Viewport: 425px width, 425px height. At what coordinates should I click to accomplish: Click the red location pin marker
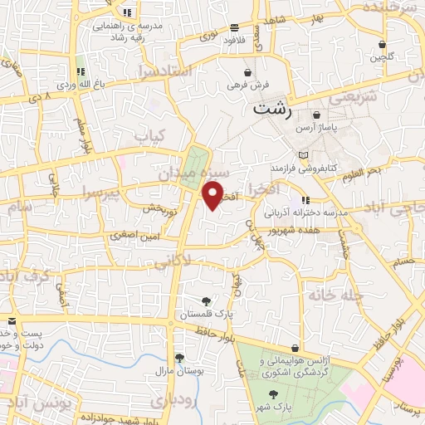[213, 195]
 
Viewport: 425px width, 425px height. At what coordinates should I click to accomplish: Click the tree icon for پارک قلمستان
[206, 300]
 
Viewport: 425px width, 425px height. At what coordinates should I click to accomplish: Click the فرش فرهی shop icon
[247, 72]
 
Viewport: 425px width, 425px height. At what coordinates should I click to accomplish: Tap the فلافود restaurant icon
[235, 27]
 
